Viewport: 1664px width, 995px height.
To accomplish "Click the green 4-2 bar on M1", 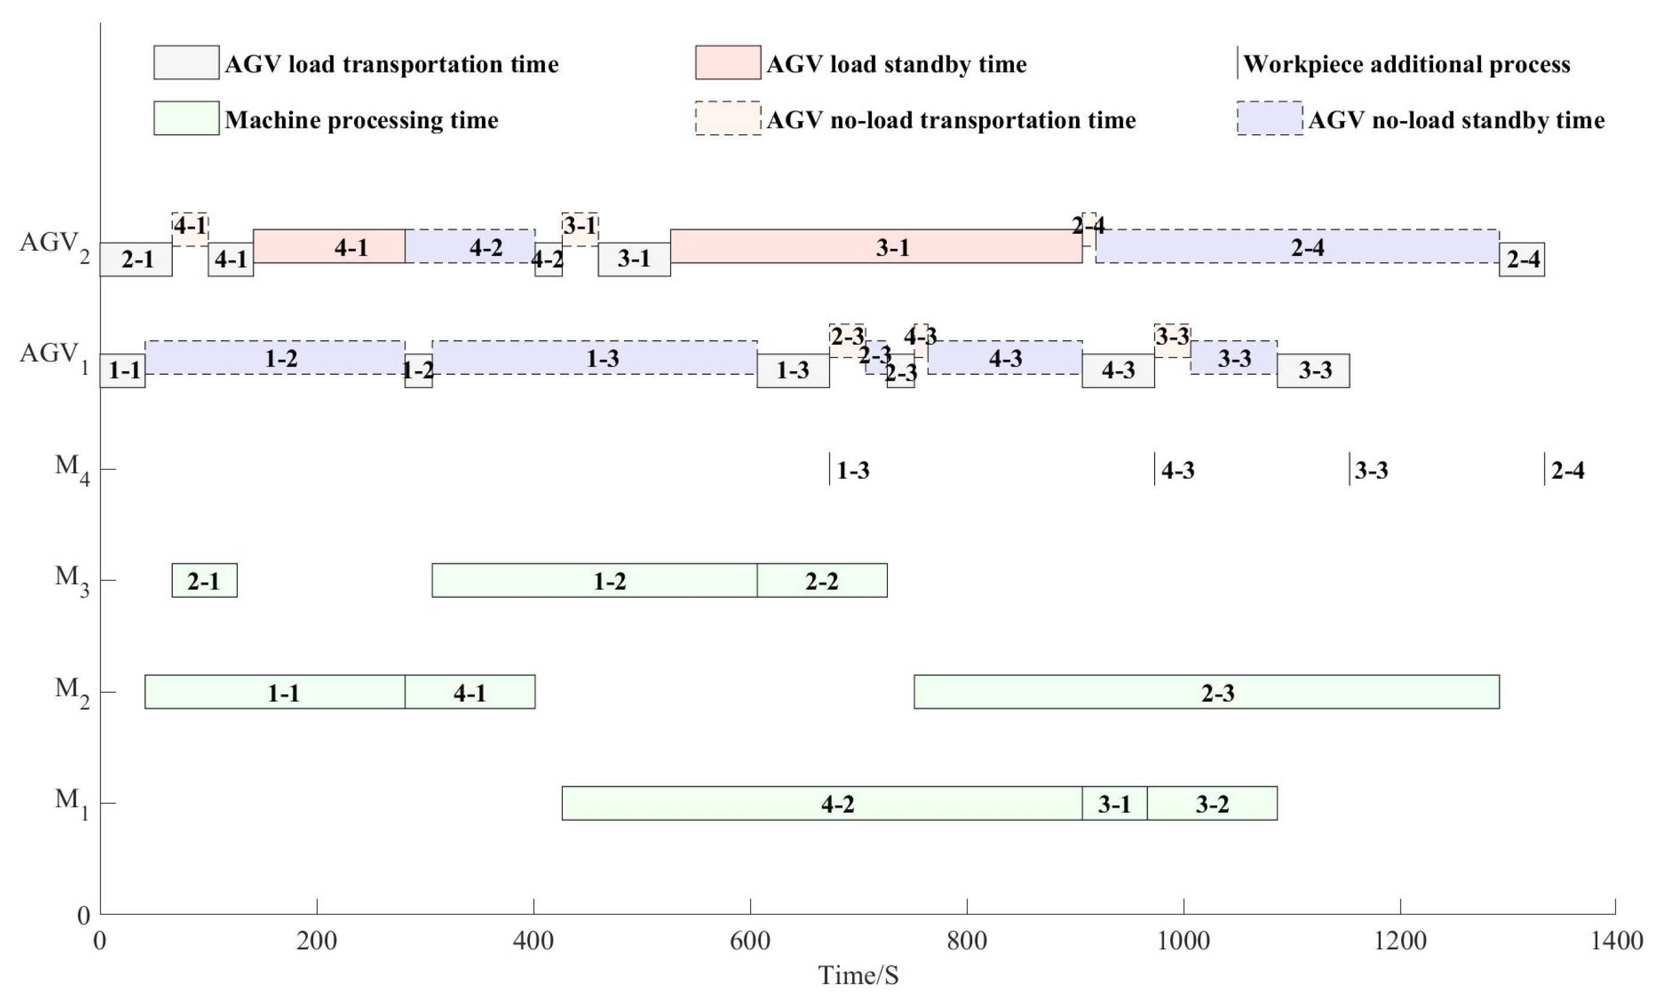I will click(x=821, y=802).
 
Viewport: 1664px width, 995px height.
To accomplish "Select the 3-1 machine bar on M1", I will click(x=1114, y=802).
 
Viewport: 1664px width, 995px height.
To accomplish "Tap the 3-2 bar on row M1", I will click(x=1212, y=802).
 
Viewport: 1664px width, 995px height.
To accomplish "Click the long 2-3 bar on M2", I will click(x=1206, y=692).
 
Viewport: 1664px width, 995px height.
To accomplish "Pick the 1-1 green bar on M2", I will click(x=275, y=692).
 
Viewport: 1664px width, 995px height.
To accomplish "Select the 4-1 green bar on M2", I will click(x=469, y=692).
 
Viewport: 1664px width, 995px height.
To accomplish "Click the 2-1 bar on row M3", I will click(x=204, y=580).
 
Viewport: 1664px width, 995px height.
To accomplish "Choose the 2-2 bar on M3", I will click(x=821, y=580).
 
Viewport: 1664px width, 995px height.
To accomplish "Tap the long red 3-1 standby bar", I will click(x=876, y=246).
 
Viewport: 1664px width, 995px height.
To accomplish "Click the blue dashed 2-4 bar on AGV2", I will click(x=1297, y=246).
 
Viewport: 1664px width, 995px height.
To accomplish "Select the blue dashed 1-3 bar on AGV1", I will click(x=595, y=357).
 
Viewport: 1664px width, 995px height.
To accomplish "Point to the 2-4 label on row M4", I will click(x=1567, y=470).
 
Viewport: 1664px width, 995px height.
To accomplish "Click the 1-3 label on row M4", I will click(x=853, y=470).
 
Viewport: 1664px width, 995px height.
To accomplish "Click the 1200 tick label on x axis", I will click(x=1400, y=940).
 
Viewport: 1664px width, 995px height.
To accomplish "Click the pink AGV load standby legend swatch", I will click(x=728, y=62).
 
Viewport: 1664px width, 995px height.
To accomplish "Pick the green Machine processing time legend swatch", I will click(x=186, y=118).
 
